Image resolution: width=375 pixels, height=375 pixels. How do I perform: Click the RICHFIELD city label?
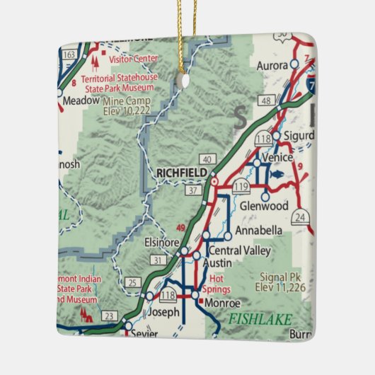(x=182, y=173)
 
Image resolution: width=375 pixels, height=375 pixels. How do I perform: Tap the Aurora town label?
(x=273, y=65)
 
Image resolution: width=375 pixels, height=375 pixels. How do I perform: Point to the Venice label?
(x=277, y=157)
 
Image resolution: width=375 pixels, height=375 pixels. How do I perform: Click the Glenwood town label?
(x=264, y=206)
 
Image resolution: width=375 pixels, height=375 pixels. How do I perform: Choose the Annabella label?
(x=259, y=231)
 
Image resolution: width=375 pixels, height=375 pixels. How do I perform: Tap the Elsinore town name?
(x=161, y=242)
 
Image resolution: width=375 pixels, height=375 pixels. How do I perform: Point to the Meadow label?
(x=81, y=101)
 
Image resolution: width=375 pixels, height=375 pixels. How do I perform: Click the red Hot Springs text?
(x=217, y=284)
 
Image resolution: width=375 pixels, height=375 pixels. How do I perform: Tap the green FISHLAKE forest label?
(x=259, y=319)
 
